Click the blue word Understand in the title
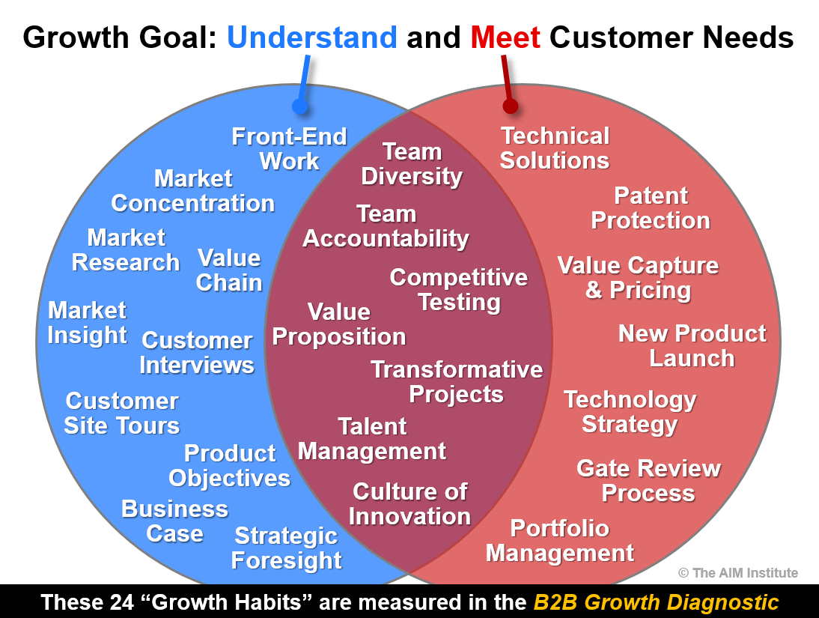pos(312,37)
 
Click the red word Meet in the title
pos(505,37)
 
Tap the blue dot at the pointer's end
pos(300,106)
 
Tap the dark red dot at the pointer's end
pos(511,106)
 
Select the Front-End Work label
pos(290,149)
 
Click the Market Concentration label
pos(192,191)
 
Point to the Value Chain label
pos(229,270)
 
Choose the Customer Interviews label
pos(197,353)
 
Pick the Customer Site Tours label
pos(122,413)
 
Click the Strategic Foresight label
pos(286,548)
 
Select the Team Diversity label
pos(412,164)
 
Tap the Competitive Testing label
pos(459,290)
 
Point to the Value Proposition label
pos(339,324)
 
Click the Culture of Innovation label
pos(410,504)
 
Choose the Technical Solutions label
pos(555,148)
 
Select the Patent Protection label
pos(651,208)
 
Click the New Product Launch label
pos(692,346)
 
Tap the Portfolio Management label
pos(560,541)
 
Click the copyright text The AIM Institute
pos(738,573)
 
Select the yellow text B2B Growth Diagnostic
pos(656,602)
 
